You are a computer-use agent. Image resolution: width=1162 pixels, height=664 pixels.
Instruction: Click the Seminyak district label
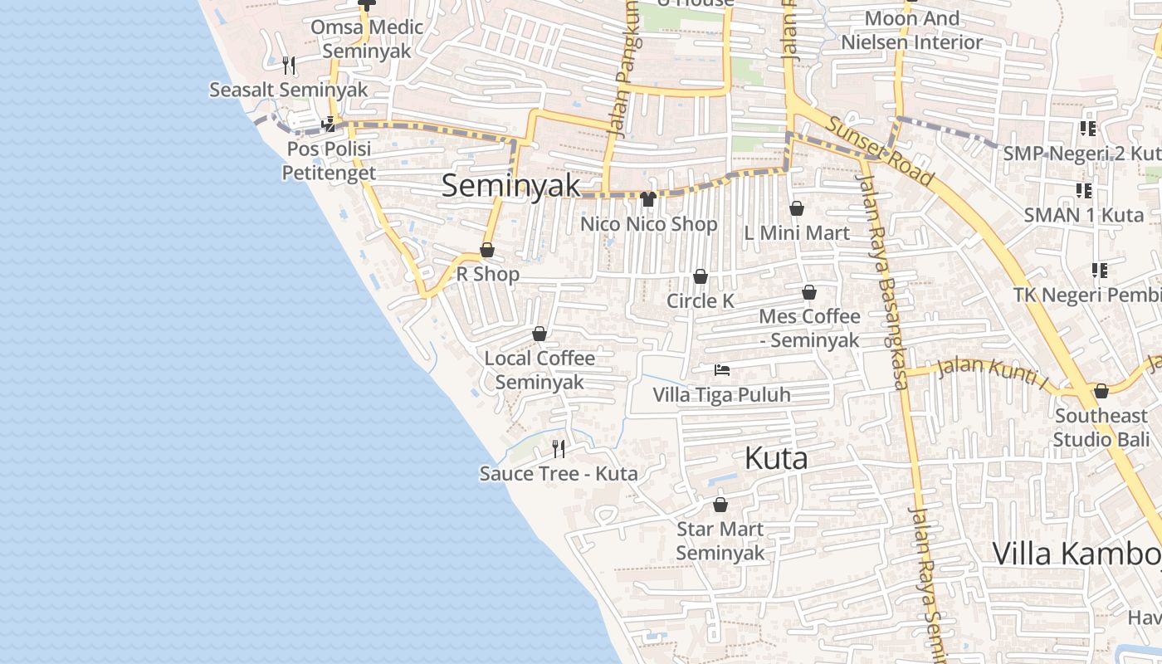(x=510, y=185)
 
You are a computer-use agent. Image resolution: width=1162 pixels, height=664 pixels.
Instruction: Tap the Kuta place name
(x=776, y=458)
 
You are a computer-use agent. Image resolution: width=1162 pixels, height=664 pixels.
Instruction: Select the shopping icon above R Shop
(x=487, y=250)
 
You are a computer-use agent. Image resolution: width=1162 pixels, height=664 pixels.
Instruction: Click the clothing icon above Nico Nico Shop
(x=648, y=199)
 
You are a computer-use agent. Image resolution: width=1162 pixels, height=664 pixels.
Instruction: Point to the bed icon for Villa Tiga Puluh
(x=722, y=370)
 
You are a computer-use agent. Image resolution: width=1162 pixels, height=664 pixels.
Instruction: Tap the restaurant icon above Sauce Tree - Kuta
(x=559, y=449)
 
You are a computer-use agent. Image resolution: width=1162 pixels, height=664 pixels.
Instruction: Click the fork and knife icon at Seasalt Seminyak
(x=288, y=65)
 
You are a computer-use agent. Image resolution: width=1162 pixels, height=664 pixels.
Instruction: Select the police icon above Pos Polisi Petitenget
(x=329, y=124)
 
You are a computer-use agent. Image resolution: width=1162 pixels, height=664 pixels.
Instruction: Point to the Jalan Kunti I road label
(x=993, y=373)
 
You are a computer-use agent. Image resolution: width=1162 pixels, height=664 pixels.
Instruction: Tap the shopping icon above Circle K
(x=701, y=276)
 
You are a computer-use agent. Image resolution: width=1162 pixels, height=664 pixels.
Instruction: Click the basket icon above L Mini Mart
(x=797, y=208)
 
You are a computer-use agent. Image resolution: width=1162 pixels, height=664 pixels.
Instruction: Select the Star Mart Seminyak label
(x=720, y=540)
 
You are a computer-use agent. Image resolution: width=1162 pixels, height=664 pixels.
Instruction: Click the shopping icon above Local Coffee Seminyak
(x=539, y=334)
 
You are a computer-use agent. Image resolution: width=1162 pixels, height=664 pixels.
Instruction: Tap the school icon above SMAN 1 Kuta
(x=1084, y=191)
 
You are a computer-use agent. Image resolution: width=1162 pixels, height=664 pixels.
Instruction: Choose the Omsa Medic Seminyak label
(x=366, y=39)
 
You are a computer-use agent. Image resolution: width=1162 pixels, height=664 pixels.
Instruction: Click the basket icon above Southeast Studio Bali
(x=1101, y=391)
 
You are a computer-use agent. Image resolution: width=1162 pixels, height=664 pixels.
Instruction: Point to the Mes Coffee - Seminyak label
(x=809, y=328)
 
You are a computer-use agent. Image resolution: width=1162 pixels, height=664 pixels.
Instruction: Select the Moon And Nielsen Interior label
(x=911, y=30)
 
